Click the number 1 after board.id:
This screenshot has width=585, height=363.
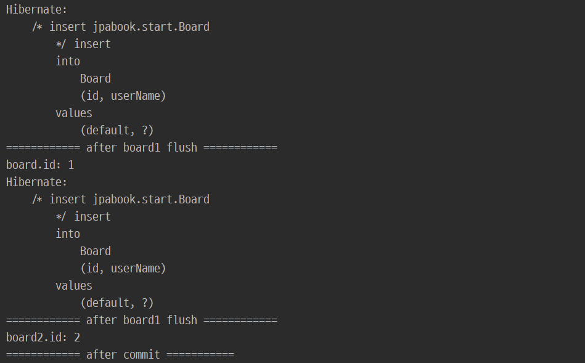(71, 165)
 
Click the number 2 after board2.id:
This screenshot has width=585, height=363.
(77, 338)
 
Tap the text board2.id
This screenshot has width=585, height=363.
(36, 338)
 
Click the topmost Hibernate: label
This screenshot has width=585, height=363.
(36, 10)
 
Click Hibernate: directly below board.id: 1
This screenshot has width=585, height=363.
(36, 182)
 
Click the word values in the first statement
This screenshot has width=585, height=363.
(74, 113)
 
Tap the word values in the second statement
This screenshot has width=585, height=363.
(74, 286)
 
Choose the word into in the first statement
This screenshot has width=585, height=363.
(68, 62)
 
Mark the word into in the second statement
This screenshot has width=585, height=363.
(68, 234)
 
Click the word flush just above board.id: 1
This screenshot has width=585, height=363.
(182, 148)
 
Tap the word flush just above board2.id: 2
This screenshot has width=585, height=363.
(182, 320)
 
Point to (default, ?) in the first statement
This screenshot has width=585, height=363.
(117, 131)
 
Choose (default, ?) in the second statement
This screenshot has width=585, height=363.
(117, 303)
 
